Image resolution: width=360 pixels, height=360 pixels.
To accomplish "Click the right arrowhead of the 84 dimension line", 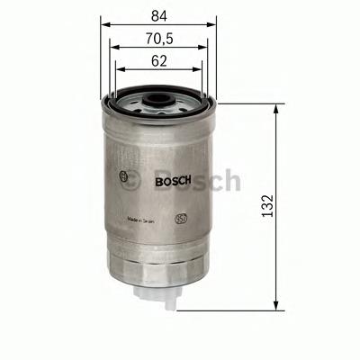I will click(217, 25).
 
